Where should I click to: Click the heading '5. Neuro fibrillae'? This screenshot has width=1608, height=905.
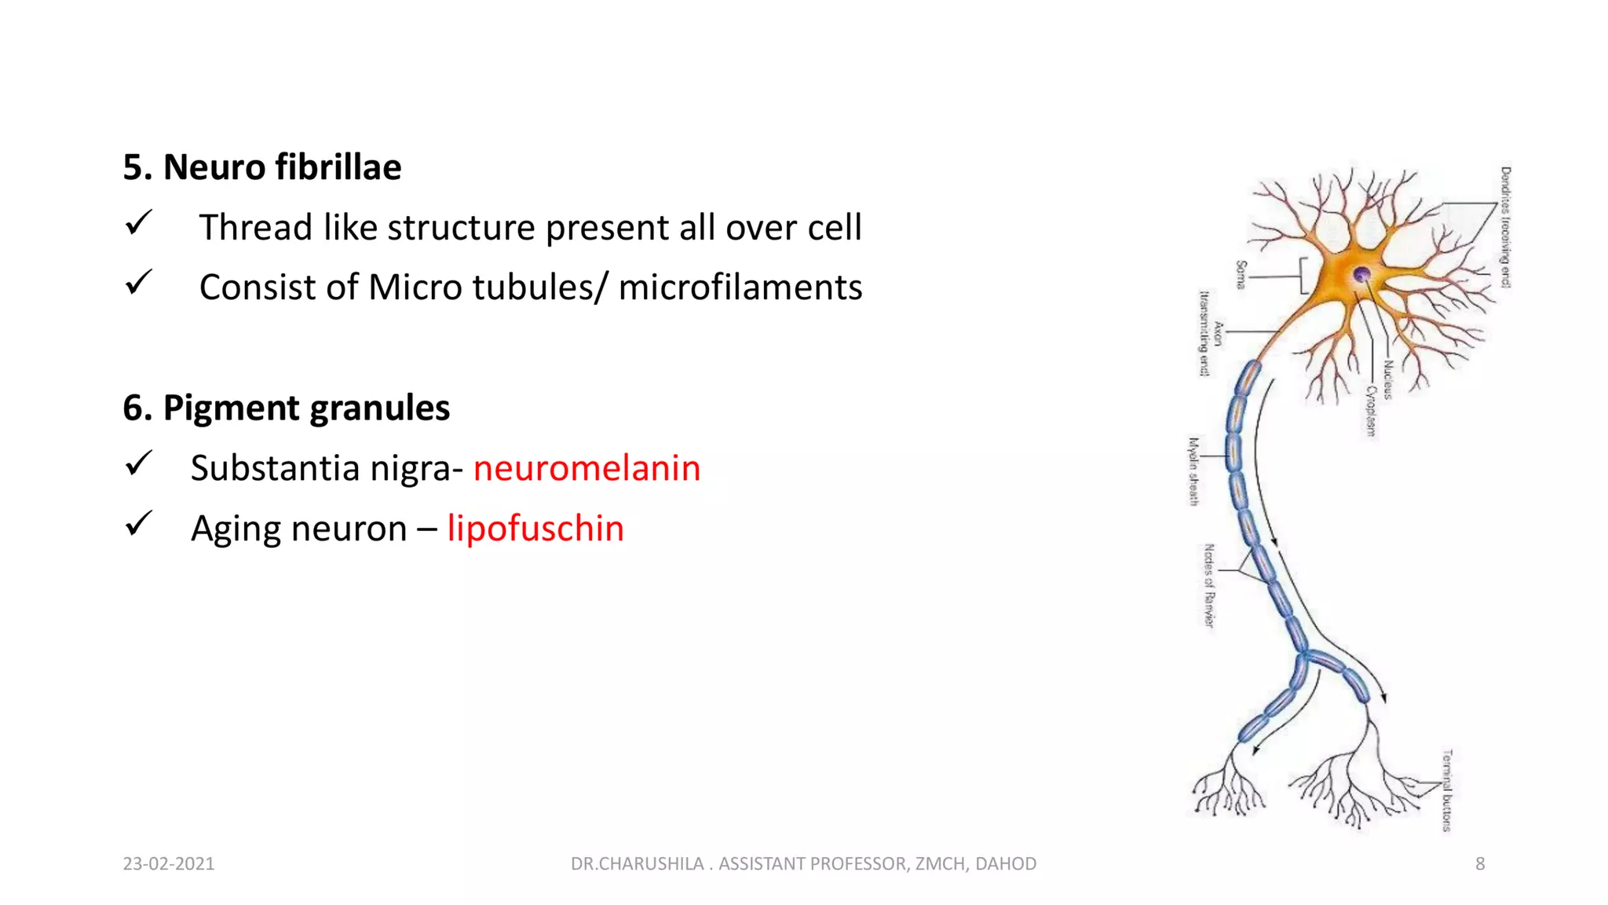pyautogui.click(x=261, y=167)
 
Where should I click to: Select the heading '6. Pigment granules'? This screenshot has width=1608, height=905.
pyautogui.click(x=286, y=408)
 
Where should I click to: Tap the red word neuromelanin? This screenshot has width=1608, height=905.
pyautogui.click(x=587, y=468)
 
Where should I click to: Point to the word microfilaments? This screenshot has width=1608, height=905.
pyautogui.click(x=740, y=288)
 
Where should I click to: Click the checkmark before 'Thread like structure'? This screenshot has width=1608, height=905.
pyautogui.click(x=138, y=224)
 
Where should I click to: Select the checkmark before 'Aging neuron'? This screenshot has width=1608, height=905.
pyautogui.click(x=138, y=524)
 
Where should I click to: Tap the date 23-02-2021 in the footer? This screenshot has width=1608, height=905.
pyautogui.click(x=169, y=863)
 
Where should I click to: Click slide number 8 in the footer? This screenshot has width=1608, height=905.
pyautogui.click(x=1479, y=863)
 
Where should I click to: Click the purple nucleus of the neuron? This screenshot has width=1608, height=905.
pyautogui.click(x=1362, y=274)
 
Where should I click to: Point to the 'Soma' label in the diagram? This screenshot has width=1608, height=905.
pyautogui.click(x=1241, y=275)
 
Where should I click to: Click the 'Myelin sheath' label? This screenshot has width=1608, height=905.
pyautogui.click(x=1193, y=471)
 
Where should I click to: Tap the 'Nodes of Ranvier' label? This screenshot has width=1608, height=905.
pyautogui.click(x=1209, y=585)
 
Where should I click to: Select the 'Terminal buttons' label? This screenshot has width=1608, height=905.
pyautogui.click(x=1447, y=790)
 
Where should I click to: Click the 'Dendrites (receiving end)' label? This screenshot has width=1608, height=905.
pyautogui.click(x=1505, y=227)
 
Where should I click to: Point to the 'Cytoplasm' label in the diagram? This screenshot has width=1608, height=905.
pyautogui.click(x=1371, y=411)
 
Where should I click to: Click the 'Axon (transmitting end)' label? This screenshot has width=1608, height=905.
pyautogui.click(x=1209, y=334)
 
